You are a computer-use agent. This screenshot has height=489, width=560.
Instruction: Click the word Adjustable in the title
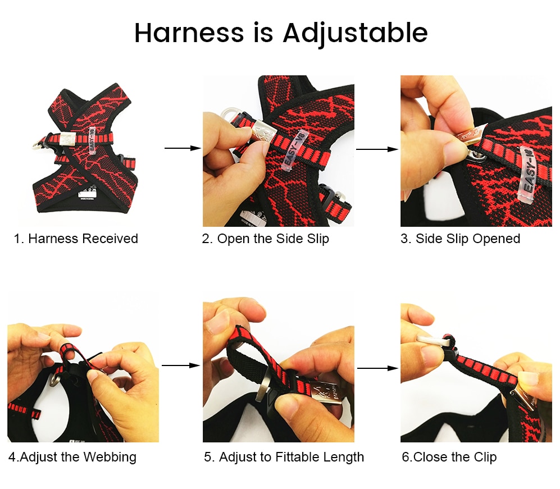click(x=355, y=33)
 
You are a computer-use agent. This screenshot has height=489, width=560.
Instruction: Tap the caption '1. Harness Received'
click(x=76, y=239)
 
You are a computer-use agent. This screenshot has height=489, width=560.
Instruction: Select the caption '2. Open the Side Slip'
click(x=265, y=239)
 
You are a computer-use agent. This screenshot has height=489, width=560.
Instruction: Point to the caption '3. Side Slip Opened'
click(x=460, y=239)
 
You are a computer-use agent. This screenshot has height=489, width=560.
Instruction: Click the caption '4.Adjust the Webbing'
click(x=72, y=457)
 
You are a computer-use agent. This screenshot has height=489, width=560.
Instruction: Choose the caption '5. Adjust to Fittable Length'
click(x=284, y=457)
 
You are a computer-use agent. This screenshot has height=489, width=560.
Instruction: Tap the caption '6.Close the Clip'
click(x=449, y=457)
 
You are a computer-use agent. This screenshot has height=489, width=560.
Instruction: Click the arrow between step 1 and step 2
click(x=183, y=148)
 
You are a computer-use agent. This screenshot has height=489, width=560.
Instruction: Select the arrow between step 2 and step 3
click(x=377, y=149)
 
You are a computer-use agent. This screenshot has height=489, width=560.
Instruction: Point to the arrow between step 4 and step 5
click(x=181, y=365)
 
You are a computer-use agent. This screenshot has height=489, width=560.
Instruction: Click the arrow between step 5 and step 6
click(x=377, y=368)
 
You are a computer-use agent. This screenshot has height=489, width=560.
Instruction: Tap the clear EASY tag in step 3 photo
click(x=528, y=176)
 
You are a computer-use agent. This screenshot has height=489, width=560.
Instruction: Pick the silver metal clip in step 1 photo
click(x=67, y=139)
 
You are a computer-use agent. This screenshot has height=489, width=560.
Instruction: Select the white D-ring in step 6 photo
click(x=434, y=339)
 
